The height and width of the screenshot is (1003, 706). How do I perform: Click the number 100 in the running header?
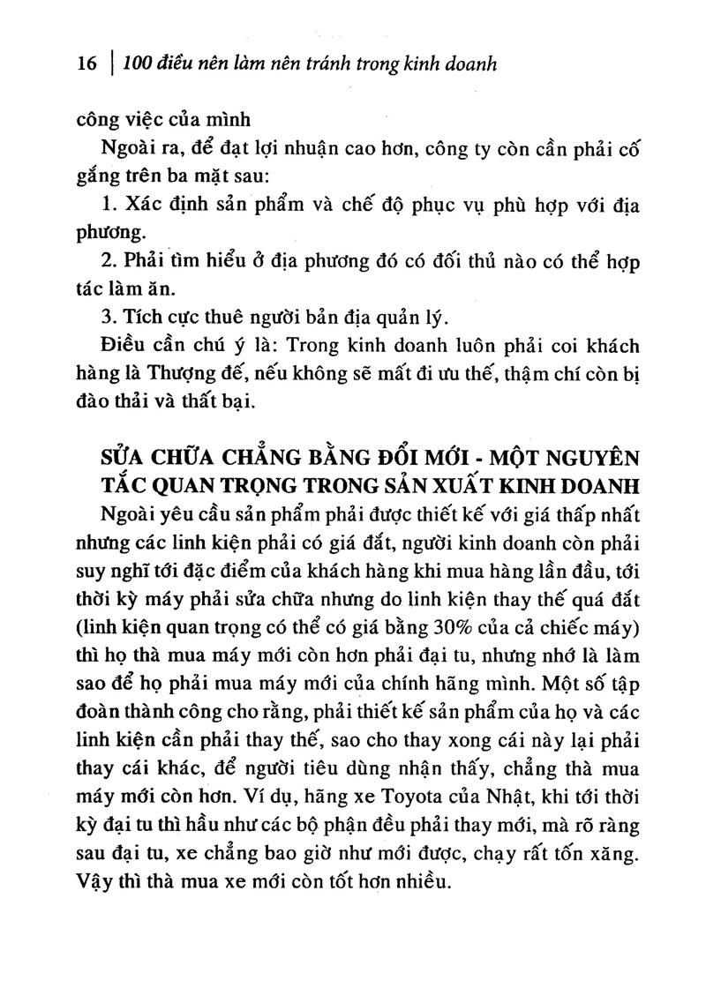[139, 64]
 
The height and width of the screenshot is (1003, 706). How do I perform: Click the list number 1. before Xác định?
[109, 206]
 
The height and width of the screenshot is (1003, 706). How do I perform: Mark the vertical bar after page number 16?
[112, 64]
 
